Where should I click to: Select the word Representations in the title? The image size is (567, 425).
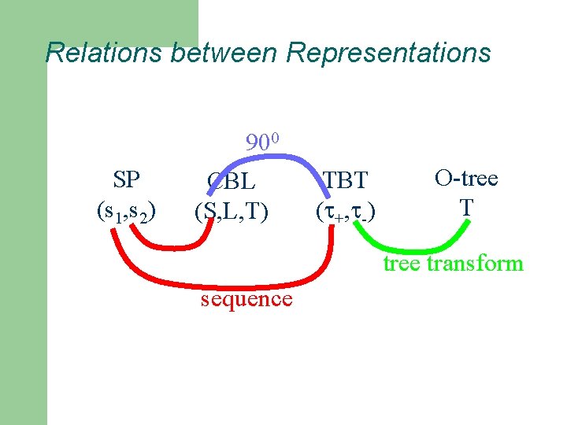tap(388, 53)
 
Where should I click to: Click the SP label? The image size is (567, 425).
tap(126, 179)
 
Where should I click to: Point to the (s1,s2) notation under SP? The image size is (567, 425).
tap(126, 211)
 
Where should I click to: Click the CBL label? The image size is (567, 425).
tap(232, 182)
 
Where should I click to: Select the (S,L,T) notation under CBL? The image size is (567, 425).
tap(232, 211)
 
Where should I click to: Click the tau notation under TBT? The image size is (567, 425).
tap(345, 211)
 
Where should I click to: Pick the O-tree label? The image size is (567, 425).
tap(466, 178)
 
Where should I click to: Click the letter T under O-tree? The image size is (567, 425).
tap(466, 207)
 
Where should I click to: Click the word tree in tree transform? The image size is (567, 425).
tap(402, 264)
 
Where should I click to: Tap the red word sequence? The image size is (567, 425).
tap(246, 299)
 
